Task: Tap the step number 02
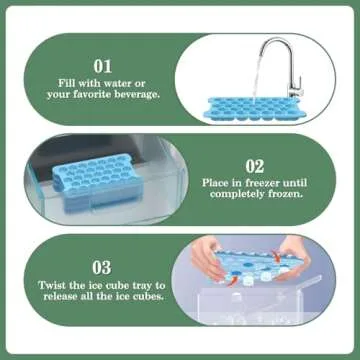click(254, 168)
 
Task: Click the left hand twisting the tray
click(206, 254)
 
